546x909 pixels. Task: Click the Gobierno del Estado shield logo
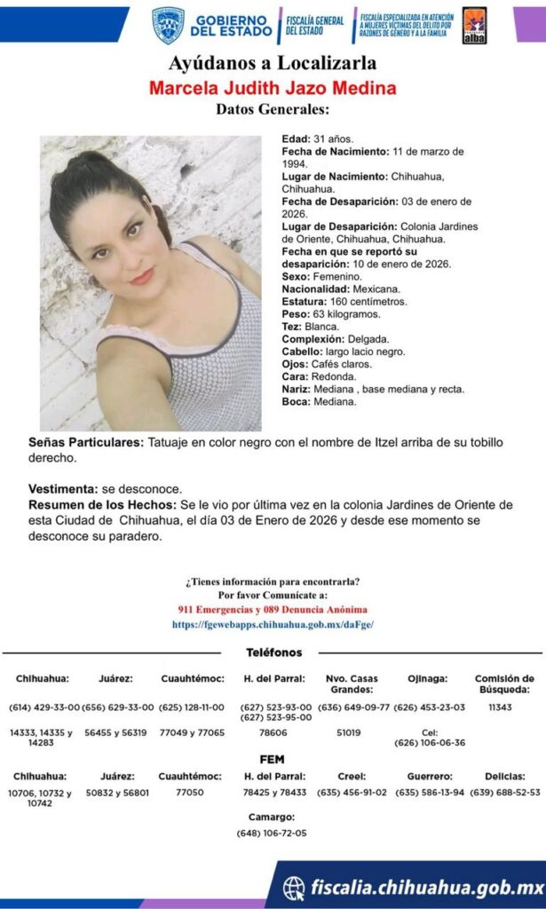[168, 25]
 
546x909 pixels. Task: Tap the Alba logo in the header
[474, 25]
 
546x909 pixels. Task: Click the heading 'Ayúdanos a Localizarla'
[273, 63]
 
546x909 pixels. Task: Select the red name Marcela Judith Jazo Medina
[273, 88]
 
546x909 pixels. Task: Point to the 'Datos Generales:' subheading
[273, 110]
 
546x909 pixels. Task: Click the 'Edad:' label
[295, 139]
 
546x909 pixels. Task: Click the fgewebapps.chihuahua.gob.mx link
[273, 624]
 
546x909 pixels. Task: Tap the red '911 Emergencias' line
[273, 610]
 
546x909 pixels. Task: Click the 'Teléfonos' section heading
[273, 652]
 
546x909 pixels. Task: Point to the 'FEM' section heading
[272, 760]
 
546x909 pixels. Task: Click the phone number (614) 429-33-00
[44, 707]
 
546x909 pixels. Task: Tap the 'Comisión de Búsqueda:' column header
[504, 684]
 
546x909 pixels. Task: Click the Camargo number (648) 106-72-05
[272, 833]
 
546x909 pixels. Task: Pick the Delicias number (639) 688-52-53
[504, 792]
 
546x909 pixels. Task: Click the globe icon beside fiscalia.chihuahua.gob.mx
[294, 887]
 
